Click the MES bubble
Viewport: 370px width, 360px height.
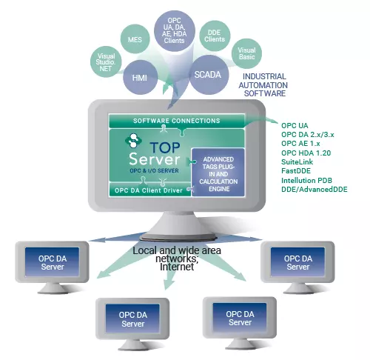point(135,39)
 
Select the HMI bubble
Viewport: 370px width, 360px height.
point(140,78)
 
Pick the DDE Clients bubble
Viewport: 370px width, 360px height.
point(215,36)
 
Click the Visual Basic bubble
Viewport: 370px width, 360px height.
point(246,53)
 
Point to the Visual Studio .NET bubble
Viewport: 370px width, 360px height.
point(106,61)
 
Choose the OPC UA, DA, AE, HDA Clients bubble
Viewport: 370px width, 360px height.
point(175,30)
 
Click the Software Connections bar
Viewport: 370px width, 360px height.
point(177,121)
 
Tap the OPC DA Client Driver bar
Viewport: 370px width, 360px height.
point(149,190)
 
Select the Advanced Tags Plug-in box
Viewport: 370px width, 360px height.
point(218,173)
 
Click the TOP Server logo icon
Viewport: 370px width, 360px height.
point(133,141)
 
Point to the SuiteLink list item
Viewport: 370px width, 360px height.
point(297,162)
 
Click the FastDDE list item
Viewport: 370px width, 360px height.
point(296,171)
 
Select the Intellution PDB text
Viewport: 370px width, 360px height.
point(306,180)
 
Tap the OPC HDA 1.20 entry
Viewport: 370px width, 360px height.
point(306,153)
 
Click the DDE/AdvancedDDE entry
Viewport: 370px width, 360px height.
point(314,190)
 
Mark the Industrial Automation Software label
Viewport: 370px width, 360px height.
point(263,84)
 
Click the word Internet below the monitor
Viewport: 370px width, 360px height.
point(177,267)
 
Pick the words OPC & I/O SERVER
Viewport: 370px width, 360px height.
point(154,170)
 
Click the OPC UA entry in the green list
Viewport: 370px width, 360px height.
point(295,125)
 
